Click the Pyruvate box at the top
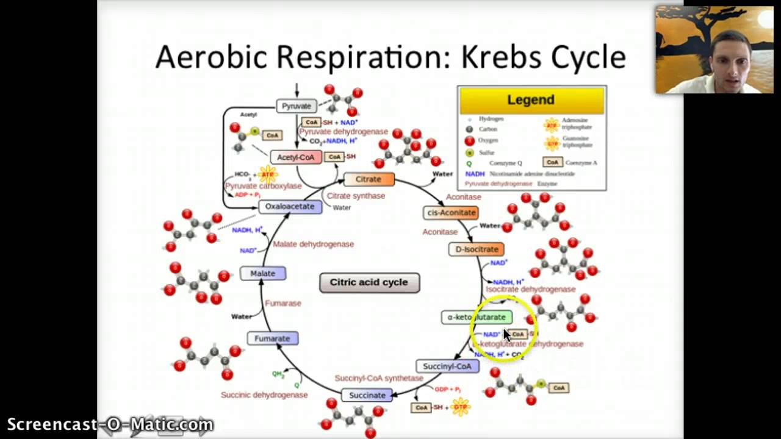point(297,106)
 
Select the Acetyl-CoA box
point(295,157)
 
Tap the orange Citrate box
point(369,179)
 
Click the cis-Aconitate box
point(451,212)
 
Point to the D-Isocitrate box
point(477,249)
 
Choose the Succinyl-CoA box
point(447,366)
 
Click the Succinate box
point(367,395)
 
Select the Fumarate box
point(272,338)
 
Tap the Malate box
point(263,273)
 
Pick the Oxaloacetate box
point(289,206)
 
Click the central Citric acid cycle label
point(369,282)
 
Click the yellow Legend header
point(531,100)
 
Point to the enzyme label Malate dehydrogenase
point(313,244)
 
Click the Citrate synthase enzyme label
point(356,196)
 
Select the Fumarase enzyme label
point(283,303)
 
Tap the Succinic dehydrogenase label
point(264,395)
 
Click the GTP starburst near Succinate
point(461,407)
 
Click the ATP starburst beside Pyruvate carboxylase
point(267,175)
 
